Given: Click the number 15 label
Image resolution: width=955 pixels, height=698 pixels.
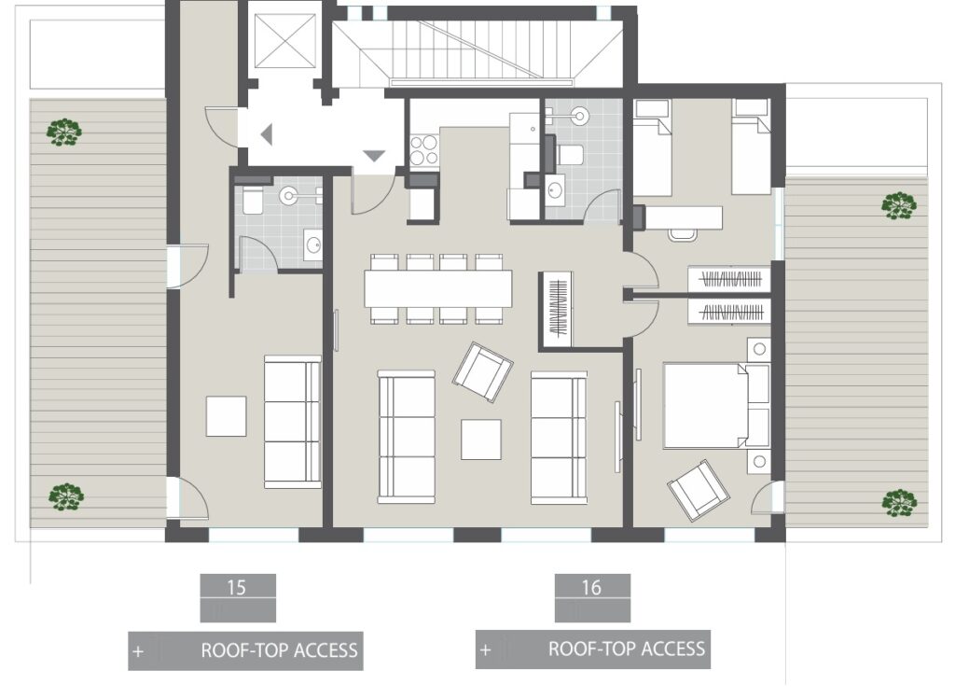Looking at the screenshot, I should (237, 588).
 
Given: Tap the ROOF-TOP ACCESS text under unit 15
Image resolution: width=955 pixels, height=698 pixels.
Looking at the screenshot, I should (279, 651).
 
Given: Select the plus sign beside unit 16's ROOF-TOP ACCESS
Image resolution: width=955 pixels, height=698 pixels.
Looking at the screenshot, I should (485, 649).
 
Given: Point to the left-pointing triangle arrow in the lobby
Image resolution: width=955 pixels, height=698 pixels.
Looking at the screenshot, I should (267, 134).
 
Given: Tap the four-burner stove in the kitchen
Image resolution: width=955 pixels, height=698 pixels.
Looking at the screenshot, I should (424, 150).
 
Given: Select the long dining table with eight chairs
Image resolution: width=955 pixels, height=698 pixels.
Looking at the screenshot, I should (438, 288).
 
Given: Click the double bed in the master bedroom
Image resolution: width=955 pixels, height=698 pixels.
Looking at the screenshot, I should (705, 406).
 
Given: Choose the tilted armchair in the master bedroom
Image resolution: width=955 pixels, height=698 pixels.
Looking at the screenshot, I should (699, 490).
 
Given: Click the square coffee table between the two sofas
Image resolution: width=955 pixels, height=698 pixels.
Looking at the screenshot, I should (481, 439).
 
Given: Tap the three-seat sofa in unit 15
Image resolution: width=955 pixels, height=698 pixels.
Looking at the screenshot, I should (292, 422).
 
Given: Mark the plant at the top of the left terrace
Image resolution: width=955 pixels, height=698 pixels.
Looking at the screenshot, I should (63, 132).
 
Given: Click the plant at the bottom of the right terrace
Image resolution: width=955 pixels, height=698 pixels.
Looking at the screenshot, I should (899, 503).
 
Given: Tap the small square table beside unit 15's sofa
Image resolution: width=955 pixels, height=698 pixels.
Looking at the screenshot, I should (226, 416).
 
